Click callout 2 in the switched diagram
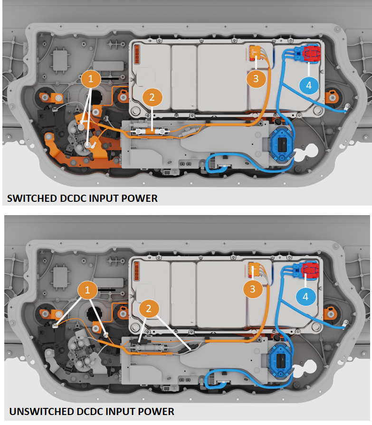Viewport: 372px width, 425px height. [152, 98]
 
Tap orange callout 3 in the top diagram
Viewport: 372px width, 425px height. [256, 79]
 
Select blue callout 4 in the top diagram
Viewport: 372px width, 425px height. [309, 85]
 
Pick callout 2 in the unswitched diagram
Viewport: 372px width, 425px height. [149, 309]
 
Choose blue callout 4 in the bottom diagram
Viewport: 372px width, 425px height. [305, 296]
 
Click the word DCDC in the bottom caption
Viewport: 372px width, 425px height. [90, 411]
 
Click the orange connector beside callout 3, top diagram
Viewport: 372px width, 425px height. [256, 52]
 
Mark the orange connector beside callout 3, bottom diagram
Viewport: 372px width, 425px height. [256, 269]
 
